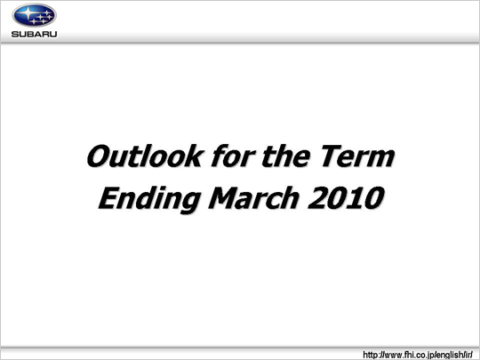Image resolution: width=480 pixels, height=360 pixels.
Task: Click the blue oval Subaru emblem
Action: pyautogui.click(x=35, y=15)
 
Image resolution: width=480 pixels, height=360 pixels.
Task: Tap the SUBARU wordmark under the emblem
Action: pyautogui.click(x=35, y=34)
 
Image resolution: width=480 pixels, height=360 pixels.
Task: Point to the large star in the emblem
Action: pyautogui.click(x=28, y=13)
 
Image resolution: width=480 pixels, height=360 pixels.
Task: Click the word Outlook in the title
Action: pyautogui.click(x=146, y=156)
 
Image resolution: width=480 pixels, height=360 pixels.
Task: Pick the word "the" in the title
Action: pyautogui.click(x=286, y=156)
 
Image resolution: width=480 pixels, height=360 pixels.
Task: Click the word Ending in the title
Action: pyautogui.click(x=149, y=199)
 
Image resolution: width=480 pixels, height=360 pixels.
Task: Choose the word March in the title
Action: pyautogui.click(x=253, y=197)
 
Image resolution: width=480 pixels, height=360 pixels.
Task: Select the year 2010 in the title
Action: pyautogui.click(x=346, y=197)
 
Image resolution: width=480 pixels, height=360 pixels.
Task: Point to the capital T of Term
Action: pyautogui.click(x=331, y=156)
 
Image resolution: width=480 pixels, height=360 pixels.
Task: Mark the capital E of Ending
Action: pyautogui.click(x=109, y=197)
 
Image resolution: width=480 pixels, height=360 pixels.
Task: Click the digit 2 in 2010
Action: pyautogui.click(x=317, y=197)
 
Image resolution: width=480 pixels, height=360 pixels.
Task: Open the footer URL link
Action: pyautogui.click(x=418, y=355)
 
